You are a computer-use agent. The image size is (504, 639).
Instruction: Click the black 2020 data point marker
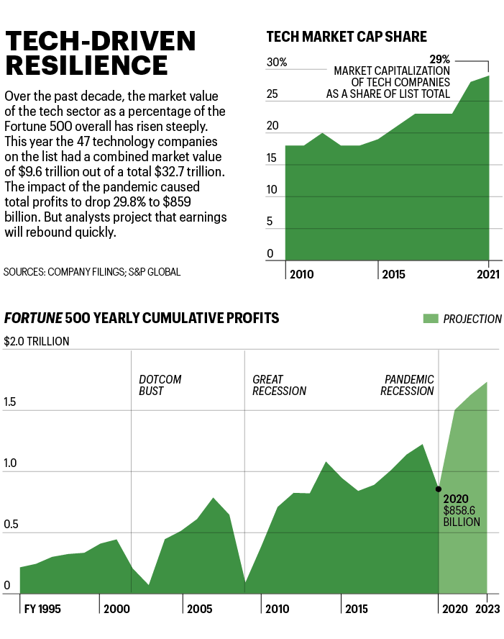(438, 489)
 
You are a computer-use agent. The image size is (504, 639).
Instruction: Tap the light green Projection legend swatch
(430, 319)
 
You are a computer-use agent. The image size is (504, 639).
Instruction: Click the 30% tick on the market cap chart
(276, 63)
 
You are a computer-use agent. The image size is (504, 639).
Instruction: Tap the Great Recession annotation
(279, 385)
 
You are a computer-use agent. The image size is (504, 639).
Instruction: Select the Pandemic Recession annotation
(409, 385)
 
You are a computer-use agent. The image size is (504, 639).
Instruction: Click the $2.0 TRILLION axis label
(37, 341)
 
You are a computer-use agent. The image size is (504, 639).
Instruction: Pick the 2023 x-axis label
(487, 609)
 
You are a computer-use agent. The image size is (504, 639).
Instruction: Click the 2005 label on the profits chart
(199, 609)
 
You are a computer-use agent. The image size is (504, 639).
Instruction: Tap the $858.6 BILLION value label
(462, 516)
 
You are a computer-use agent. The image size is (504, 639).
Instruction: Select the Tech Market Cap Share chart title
(347, 37)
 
